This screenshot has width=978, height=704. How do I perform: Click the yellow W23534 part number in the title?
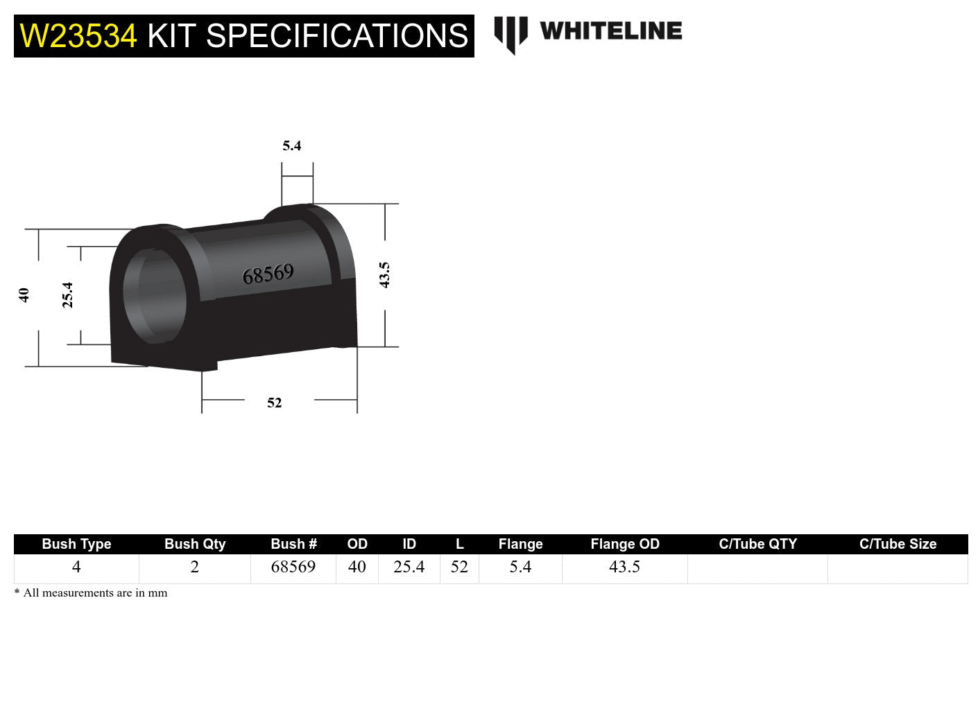(x=78, y=36)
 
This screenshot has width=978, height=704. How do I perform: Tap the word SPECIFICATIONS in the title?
(x=337, y=36)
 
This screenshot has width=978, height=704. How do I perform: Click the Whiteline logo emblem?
(x=511, y=34)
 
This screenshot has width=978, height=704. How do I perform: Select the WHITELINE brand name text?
(x=610, y=31)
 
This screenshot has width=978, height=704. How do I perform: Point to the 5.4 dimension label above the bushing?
(x=291, y=146)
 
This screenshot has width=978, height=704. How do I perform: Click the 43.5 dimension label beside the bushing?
(x=384, y=275)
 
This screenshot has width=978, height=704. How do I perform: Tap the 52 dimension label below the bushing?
(x=275, y=403)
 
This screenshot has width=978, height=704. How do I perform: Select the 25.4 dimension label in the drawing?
(x=67, y=294)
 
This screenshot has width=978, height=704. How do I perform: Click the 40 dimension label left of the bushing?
(x=24, y=294)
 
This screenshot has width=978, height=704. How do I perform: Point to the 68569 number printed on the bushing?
(x=268, y=274)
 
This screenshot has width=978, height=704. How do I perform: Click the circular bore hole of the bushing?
(x=155, y=294)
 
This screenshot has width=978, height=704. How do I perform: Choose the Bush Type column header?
(x=76, y=544)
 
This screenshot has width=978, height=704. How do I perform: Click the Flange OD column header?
(x=624, y=544)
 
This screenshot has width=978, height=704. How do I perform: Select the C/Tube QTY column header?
(x=757, y=544)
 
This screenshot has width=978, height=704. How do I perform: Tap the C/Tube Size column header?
(x=898, y=544)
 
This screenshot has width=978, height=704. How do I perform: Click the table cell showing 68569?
(x=293, y=567)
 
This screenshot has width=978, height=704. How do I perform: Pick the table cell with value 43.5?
(x=624, y=567)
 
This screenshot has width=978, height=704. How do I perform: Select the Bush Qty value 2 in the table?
(x=195, y=567)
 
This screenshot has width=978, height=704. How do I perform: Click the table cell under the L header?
(x=459, y=567)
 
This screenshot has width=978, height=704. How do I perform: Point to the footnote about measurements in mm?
(x=91, y=592)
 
